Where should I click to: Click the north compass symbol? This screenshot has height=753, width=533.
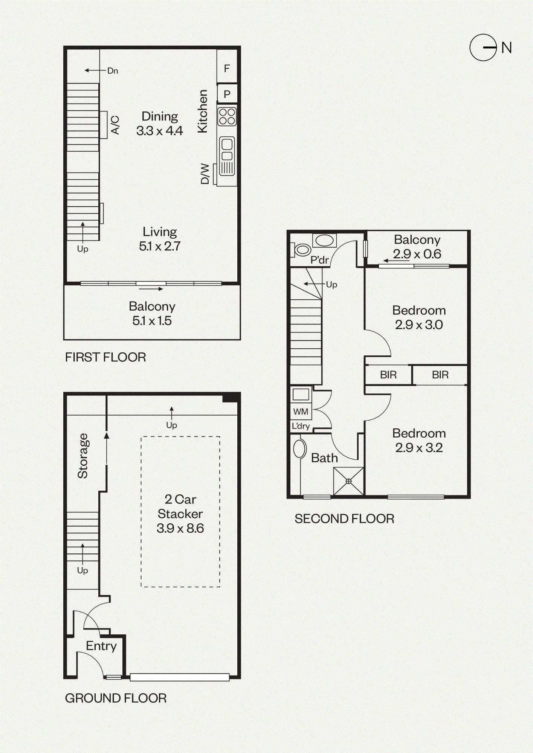point(483,47)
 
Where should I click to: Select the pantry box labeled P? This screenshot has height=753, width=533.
point(227,94)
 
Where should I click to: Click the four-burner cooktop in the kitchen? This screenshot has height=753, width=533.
point(227,116)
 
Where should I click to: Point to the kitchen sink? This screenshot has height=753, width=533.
point(227,155)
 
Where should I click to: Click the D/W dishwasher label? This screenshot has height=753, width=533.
point(205,173)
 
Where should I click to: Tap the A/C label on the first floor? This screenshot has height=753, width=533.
point(115,125)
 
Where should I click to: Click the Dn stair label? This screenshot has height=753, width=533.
point(113,70)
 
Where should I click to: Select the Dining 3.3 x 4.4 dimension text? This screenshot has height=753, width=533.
point(160,123)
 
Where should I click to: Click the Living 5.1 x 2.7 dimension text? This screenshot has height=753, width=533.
point(160,239)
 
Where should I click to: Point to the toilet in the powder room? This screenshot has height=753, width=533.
point(300,250)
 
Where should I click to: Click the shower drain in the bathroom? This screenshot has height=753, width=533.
point(348,481)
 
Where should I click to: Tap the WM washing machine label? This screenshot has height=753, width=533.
point(301,412)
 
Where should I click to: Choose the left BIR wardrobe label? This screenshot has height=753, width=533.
point(388,375)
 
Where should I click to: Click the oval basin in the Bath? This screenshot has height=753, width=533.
point(300,448)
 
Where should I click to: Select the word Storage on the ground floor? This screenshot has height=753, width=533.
point(82,456)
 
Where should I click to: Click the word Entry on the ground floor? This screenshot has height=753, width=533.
point(101,646)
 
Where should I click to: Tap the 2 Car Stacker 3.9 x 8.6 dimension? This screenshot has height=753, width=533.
point(180,514)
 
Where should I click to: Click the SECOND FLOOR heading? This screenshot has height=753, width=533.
point(344,519)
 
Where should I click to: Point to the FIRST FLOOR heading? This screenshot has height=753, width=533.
point(105,357)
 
